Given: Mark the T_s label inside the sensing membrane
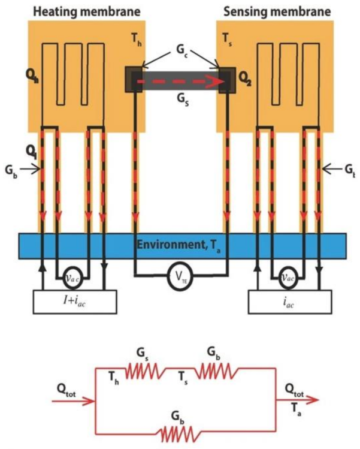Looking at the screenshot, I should [226, 38].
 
